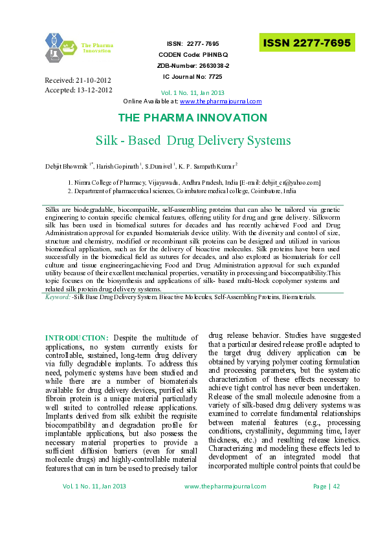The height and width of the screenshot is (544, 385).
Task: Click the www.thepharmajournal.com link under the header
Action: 221,101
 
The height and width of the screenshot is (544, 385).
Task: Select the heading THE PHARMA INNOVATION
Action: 192,118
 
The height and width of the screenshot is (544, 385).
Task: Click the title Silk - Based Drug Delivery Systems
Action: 193,140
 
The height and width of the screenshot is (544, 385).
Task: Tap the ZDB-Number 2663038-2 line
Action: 193,66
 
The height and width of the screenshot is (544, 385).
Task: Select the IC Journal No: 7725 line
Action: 193,77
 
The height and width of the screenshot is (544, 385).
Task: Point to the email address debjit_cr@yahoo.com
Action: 288,183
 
